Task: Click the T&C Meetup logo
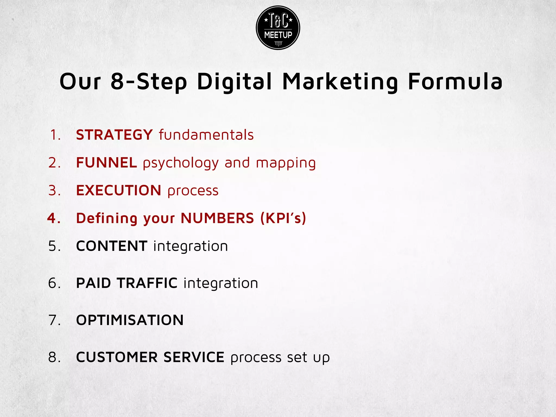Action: click(278, 28)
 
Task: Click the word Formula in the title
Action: click(455, 81)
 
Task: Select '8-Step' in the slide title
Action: click(149, 81)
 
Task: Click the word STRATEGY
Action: click(114, 135)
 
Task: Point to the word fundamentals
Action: click(206, 135)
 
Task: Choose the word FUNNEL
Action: click(106, 163)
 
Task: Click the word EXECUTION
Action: click(119, 190)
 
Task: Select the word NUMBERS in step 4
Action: click(217, 218)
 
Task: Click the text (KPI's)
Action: click(283, 218)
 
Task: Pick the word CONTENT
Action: click(112, 246)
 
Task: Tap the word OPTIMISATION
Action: click(130, 320)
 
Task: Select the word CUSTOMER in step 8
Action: click(117, 357)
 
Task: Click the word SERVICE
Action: click(194, 357)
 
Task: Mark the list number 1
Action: click(54, 135)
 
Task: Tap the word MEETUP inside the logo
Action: click(278, 35)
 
